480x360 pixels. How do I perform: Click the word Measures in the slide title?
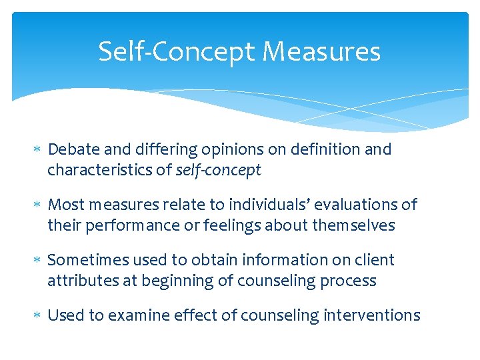(x=321, y=51)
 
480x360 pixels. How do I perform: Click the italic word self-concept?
(x=219, y=171)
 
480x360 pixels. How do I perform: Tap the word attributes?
(x=79, y=281)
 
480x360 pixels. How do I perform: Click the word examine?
(x=139, y=315)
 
